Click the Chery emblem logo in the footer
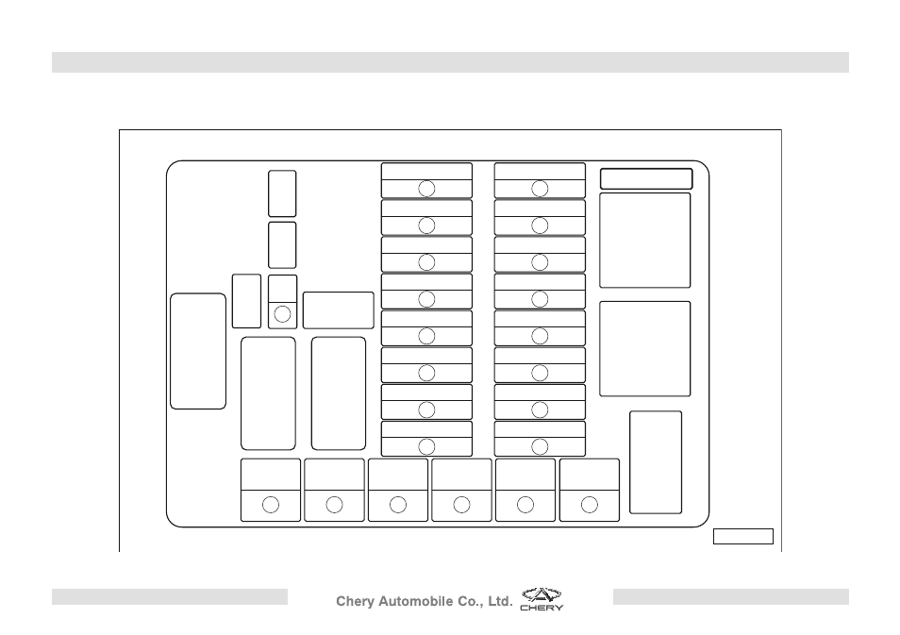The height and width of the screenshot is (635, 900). (542, 594)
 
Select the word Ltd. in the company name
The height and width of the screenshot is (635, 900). (500, 602)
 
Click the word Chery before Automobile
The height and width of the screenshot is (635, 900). (355, 602)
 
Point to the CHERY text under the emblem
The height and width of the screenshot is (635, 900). (542, 608)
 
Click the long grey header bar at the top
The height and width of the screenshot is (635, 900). (450, 62)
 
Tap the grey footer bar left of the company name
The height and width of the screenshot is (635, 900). (169, 596)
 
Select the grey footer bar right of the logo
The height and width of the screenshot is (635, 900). (731, 596)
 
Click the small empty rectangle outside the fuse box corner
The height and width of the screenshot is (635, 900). (743, 536)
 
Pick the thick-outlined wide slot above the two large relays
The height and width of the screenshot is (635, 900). (646, 178)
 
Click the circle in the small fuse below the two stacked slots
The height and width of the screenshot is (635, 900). (282, 314)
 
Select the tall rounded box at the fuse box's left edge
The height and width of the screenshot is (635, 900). (198, 351)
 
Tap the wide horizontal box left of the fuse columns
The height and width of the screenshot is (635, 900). (338, 310)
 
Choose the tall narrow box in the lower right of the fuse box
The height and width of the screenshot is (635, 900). (656, 462)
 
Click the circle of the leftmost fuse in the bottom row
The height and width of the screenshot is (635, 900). (271, 505)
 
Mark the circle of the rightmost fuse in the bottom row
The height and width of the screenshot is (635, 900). (590, 505)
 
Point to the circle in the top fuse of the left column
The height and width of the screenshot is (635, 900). (426, 189)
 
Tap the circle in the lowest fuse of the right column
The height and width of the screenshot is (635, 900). (540, 446)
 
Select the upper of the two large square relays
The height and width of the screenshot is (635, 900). (645, 240)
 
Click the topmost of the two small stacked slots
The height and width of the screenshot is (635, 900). (282, 193)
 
